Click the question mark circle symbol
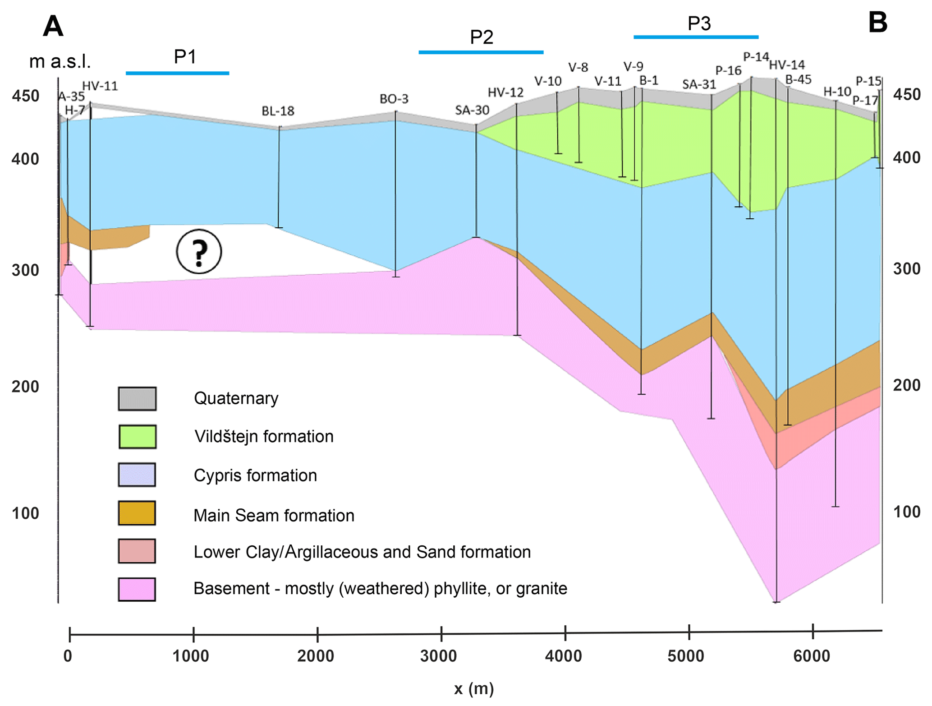tap(199, 251)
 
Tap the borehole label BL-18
tap(278, 111)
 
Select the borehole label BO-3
tap(394, 99)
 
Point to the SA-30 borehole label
tap(472, 110)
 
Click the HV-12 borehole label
tap(505, 92)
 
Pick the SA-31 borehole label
tap(699, 84)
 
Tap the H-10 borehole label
tap(837, 92)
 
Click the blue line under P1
tap(177, 73)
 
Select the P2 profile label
tap(482, 37)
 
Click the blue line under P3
tap(696, 37)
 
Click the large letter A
tap(53, 26)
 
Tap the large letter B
tap(877, 23)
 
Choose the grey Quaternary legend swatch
tap(138, 398)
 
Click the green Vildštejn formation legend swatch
tap(138, 436)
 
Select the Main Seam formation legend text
tap(274, 515)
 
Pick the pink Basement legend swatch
tap(138, 589)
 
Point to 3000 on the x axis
tap(438, 656)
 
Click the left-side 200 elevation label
tap(25, 387)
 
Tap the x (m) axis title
tap(474, 689)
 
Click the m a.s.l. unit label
tap(60, 62)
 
